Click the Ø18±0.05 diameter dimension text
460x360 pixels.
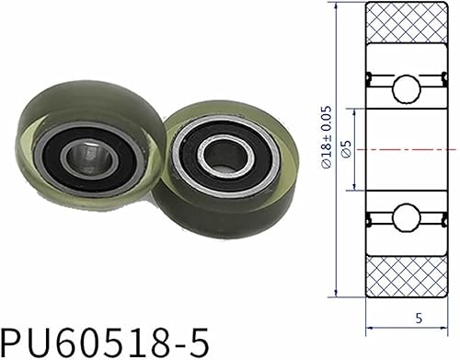328,147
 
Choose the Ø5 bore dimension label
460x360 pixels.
345,150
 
